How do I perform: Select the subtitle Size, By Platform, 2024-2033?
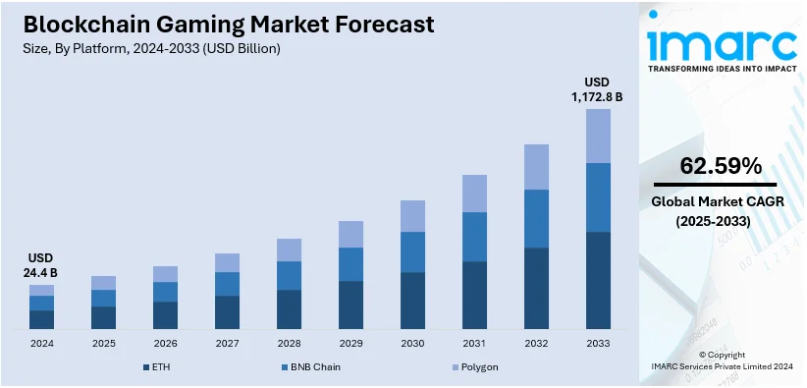pyautogui.click(x=143, y=49)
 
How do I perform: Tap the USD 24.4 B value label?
pyautogui.click(x=41, y=265)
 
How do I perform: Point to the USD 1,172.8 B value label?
pyautogui.click(x=597, y=89)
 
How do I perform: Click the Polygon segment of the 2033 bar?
pyautogui.click(x=598, y=136)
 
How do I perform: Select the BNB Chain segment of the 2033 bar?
pyautogui.click(x=598, y=196)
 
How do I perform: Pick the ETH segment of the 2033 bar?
pyautogui.click(x=598, y=280)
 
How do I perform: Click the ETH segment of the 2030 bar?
pyautogui.click(x=412, y=300)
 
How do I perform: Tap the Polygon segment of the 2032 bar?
pyautogui.click(x=536, y=167)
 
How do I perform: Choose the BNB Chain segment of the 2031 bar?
pyautogui.click(x=474, y=237)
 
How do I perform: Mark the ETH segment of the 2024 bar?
pyautogui.click(x=41, y=319)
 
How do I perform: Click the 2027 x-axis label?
pyautogui.click(x=227, y=344)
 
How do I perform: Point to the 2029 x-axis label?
pyautogui.click(x=350, y=344)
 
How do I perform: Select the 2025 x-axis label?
pyautogui.click(x=103, y=344)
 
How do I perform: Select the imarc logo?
pyautogui.click(x=722, y=44)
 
